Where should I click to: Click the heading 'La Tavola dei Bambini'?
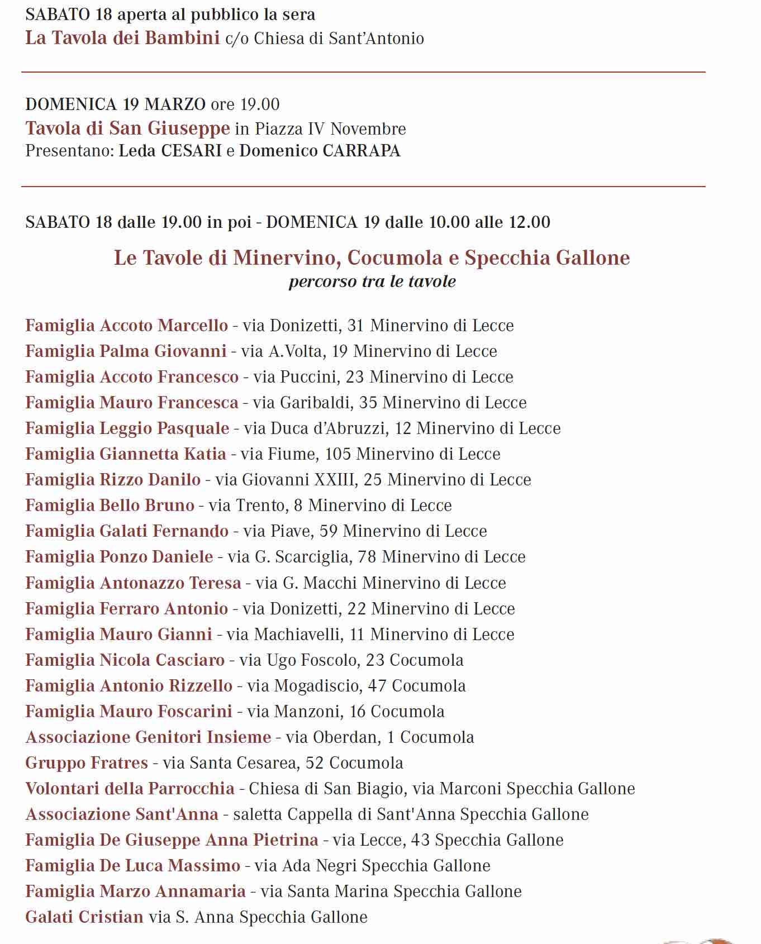(x=122, y=38)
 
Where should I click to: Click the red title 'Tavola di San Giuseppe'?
(x=127, y=128)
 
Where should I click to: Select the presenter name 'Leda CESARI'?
(x=170, y=151)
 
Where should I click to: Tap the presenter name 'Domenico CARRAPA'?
(x=320, y=151)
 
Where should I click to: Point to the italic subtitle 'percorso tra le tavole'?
(x=372, y=281)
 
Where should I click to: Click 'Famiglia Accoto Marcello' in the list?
(x=127, y=325)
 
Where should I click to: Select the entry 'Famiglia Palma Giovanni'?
(x=126, y=351)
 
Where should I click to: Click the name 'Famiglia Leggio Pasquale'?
(x=127, y=428)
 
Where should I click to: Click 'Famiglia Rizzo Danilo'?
(x=113, y=479)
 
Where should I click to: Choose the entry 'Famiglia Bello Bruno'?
(x=110, y=505)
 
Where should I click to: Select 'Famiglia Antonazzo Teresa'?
(x=133, y=583)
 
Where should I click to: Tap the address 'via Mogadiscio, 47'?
(x=317, y=685)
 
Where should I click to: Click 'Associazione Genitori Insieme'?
(x=148, y=737)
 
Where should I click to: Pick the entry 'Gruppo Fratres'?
(x=87, y=762)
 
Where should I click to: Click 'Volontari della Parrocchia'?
(x=130, y=788)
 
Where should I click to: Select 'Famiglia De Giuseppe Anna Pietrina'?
(x=172, y=840)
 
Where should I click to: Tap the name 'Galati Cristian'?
(x=84, y=917)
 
